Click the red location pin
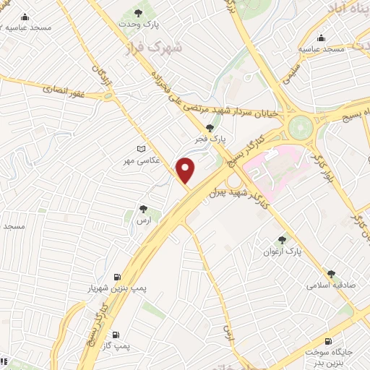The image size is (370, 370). pyautogui.click(x=186, y=170)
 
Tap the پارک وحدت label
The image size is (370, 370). pyautogui.click(x=139, y=25)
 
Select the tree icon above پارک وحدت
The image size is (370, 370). pyautogui.click(x=139, y=13)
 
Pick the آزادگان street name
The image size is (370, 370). pyautogui.click(x=103, y=80)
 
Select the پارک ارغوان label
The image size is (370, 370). pyautogui.click(x=282, y=251)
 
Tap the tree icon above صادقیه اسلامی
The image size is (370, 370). pyautogui.click(x=331, y=274)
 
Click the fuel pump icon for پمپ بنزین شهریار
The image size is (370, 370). pyautogui.click(x=116, y=277)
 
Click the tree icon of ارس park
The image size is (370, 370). pyautogui.click(x=145, y=210)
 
